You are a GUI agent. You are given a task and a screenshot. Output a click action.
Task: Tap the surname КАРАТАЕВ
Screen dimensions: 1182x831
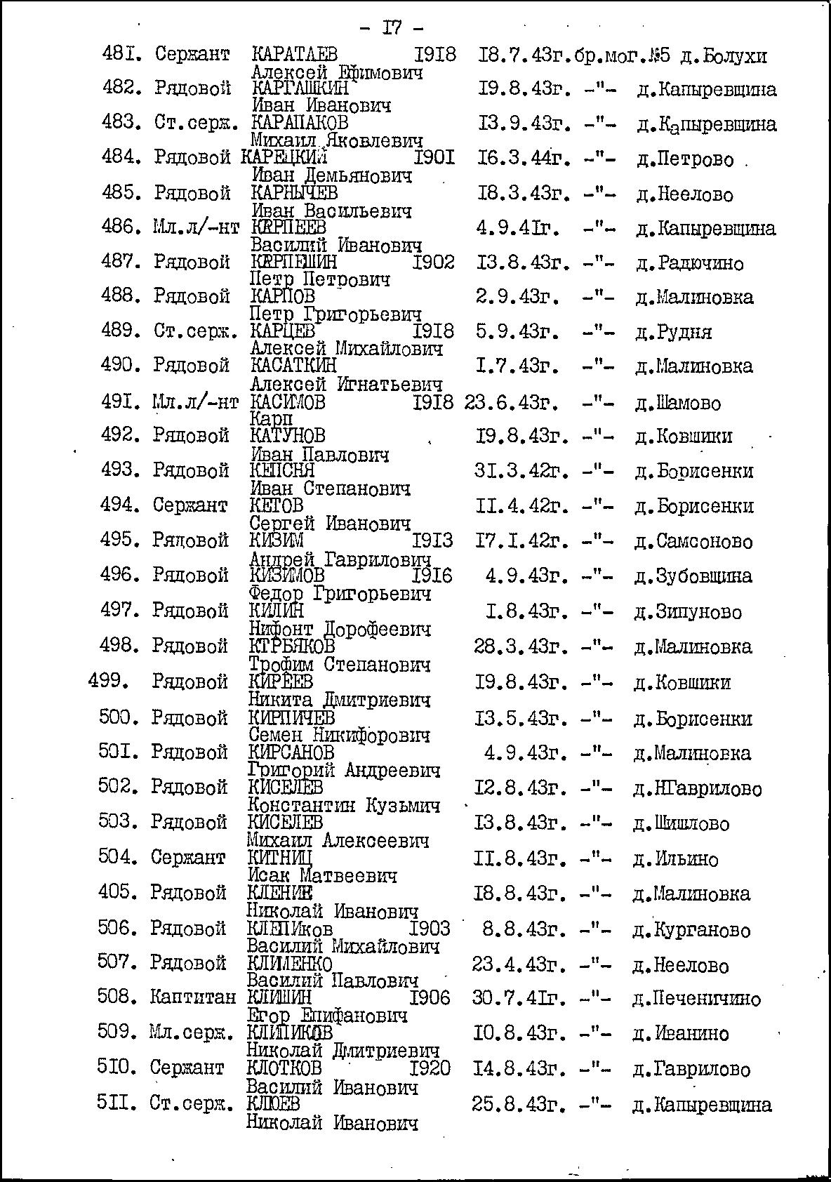pyautogui.click(x=294, y=55)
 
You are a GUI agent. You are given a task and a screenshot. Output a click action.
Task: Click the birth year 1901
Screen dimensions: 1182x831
pyautogui.click(x=434, y=159)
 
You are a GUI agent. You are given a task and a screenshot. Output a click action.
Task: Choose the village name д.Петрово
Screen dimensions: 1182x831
pyautogui.click(x=685, y=160)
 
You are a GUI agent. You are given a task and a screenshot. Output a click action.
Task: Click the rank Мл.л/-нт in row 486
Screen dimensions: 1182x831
pyautogui.click(x=195, y=227)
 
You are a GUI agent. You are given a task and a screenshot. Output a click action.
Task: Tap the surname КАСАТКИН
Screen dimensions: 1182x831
pyautogui.click(x=293, y=366)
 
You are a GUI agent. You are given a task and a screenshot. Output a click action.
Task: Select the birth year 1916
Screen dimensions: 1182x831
pyautogui.click(x=432, y=576)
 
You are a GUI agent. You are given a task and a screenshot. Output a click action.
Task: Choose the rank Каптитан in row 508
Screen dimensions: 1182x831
pyautogui.click(x=193, y=997)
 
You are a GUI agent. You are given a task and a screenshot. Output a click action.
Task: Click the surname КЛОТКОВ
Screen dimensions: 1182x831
pyautogui.click(x=285, y=1068)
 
